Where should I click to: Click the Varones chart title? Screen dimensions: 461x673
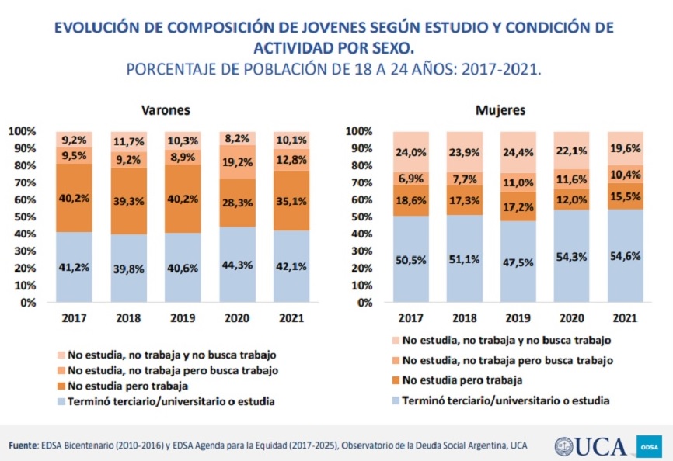click(x=166, y=109)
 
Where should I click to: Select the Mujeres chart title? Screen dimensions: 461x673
click(x=500, y=109)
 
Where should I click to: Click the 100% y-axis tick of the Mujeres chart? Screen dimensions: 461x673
click(x=361, y=130)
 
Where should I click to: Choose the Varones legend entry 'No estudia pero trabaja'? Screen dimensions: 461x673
click(x=129, y=385)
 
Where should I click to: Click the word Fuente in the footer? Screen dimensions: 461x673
click(x=23, y=445)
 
